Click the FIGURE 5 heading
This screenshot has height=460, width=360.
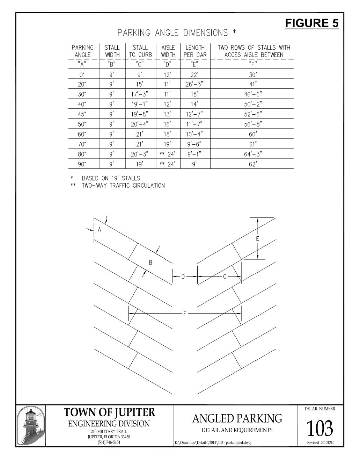pyautogui.click(x=311, y=23)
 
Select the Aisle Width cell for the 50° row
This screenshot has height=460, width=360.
pyautogui.click(x=168, y=124)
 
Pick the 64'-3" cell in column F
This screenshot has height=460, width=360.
pyautogui.click(x=253, y=154)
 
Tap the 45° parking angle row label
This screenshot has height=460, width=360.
pyautogui.click(x=82, y=114)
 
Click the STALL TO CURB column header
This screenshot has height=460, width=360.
pyautogui.click(x=140, y=51)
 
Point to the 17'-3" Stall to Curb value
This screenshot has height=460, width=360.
pyautogui.click(x=140, y=94)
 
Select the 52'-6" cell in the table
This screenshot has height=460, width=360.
pyautogui.click(x=253, y=114)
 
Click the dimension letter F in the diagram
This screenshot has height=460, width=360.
pyautogui.click(x=185, y=314)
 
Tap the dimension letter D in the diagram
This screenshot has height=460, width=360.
pyautogui.click(x=183, y=276)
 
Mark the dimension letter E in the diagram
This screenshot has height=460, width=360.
pyautogui.click(x=257, y=239)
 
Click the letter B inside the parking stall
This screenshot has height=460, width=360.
pyautogui.click(x=150, y=263)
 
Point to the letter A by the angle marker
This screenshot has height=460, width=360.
pyautogui.click(x=99, y=230)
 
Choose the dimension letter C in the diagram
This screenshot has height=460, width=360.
pyautogui.click(x=225, y=276)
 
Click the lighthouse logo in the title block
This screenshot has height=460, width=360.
pyautogui.click(x=31, y=426)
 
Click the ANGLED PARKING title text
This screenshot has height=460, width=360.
pyautogui.click(x=237, y=418)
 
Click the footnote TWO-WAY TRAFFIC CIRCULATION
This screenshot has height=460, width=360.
pyautogui.click(x=123, y=186)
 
